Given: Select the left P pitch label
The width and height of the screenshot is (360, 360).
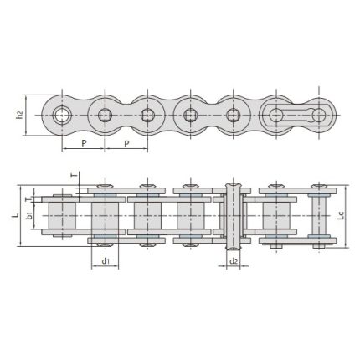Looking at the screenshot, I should [x=83, y=143].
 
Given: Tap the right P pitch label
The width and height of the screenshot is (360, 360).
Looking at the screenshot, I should [x=126, y=143].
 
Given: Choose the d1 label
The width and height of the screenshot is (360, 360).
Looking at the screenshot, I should [x=104, y=262].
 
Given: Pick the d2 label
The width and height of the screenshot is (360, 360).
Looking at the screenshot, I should [x=234, y=262].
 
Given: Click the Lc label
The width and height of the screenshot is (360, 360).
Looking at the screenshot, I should [x=349, y=215].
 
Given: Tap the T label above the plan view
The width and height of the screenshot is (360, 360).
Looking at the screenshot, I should [x=74, y=176].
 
